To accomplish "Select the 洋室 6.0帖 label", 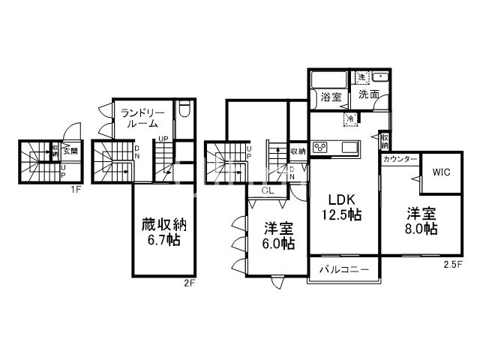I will (278, 235).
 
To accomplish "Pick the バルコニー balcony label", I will (342, 268).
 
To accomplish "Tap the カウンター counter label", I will (399, 160).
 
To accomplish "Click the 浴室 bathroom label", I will (331, 96).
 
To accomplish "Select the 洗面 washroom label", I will (367, 95).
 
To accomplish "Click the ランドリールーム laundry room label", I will (139, 118).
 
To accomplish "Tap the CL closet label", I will (267, 190).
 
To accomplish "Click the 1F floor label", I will (76, 189).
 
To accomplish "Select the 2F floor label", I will (189, 283).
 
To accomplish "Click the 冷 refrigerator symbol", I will (349, 117).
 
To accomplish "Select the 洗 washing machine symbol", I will (361, 77).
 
